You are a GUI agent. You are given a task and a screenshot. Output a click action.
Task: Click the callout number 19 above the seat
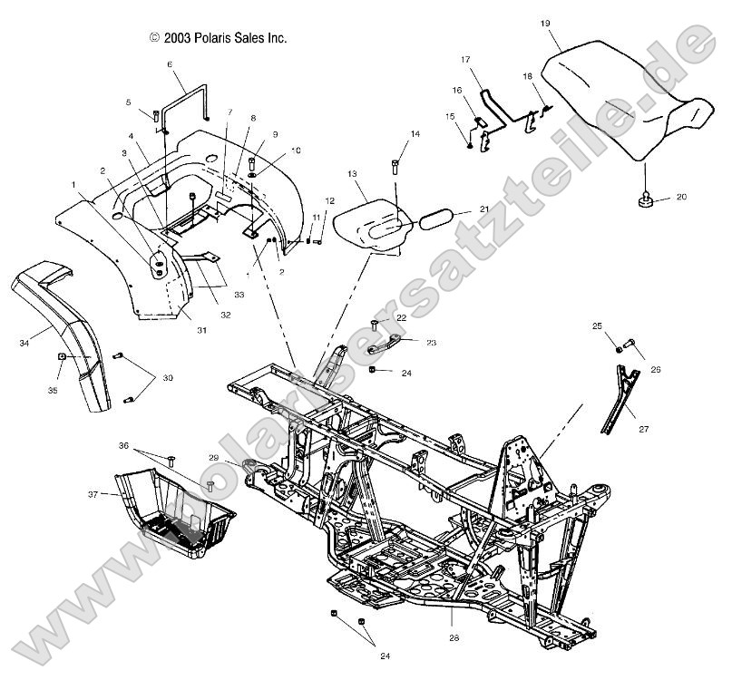tap(545, 23)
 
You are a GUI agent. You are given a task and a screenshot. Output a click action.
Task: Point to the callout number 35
tap(53, 390)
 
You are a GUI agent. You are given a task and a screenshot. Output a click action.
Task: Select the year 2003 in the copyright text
tap(178, 38)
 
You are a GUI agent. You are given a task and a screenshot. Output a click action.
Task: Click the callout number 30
tap(167, 377)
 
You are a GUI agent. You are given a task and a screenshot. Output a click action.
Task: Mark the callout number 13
tap(352, 172)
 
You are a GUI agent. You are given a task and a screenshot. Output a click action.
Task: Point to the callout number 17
tap(465, 60)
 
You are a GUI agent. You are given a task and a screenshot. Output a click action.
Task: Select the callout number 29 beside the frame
tap(214, 458)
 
